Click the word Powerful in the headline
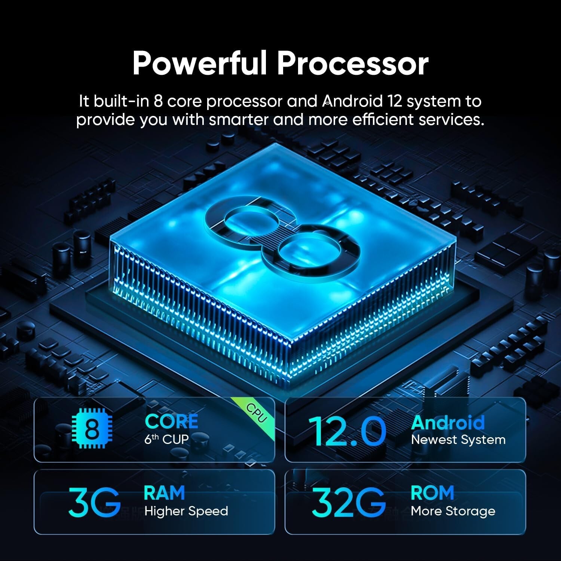point(200,64)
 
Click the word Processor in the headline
point(353,64)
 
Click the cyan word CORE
point(171,421)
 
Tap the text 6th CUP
point(166,439)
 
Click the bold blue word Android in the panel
point(448,423)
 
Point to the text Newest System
point(458,440)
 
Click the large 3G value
point(94,501)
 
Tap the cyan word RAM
point(164,493)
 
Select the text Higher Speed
point(186,511)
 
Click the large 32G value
point(349,501)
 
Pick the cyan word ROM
point(432,493)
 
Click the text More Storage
point(453,511)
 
